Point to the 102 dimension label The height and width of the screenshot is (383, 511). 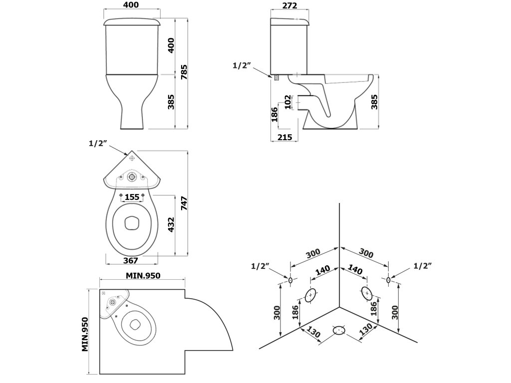[x=288, y=102]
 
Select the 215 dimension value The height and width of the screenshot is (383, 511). [x=285, y=137]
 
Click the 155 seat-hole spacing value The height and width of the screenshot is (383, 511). [x=132, y=197]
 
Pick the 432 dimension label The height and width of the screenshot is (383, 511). [x=171, y=225]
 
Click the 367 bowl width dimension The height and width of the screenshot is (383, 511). [x=130, y=260]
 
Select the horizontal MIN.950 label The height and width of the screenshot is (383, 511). [x=143, y=275]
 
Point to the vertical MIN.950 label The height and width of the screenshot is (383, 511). [x=85, y=335]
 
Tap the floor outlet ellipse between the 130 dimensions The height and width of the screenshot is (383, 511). [x=339, y=330]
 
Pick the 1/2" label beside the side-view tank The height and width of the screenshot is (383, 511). [x=242, y=65]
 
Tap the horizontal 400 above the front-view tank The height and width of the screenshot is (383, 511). [x=131, y=4]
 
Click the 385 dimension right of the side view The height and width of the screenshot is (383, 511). [x=374, y=102]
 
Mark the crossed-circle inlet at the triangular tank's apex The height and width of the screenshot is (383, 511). [x=132, y=158]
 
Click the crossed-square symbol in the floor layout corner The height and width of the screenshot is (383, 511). [x=104, y=293]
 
